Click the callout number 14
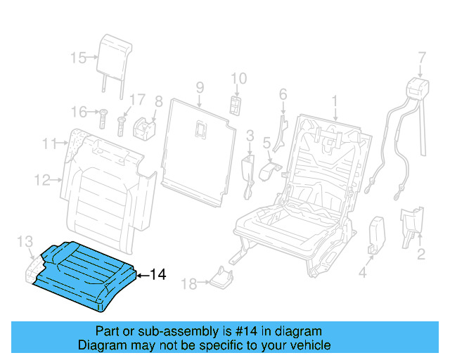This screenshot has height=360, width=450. point(158,275)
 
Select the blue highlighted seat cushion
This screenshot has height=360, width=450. point(84,274)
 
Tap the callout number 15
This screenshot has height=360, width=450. point(78,58)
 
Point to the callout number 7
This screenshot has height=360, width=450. point(422,57)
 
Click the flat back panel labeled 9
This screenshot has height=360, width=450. point(197,148)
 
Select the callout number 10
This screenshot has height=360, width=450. point(239,78)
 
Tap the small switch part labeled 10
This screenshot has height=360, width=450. point(235,104)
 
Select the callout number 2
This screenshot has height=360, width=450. point(420,254)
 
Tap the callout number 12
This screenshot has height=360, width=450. point(43,180)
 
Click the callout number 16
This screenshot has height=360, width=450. point(78,111)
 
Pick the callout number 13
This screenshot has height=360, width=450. point(25,243)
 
